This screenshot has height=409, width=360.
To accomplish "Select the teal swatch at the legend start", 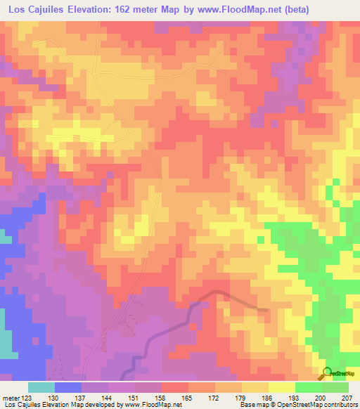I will point(41,387).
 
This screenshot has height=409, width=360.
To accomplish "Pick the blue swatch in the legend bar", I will point(68,387).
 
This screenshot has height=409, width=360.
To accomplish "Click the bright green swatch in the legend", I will point(308,387).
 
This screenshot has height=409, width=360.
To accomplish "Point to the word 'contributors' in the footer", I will point(338,405).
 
